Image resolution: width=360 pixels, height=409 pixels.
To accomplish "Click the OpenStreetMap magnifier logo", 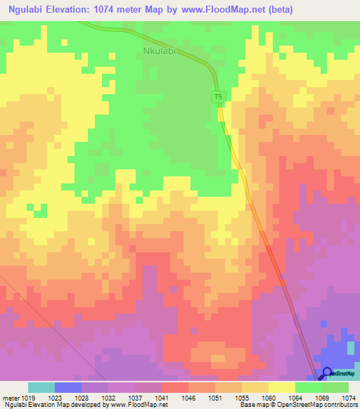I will coord(327,373).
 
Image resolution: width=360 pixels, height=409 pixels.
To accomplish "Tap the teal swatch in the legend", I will coord(41,387).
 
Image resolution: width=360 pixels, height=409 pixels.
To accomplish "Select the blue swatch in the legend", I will coord(68,387).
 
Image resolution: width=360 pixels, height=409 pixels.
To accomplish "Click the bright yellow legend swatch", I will coord(282,387).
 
